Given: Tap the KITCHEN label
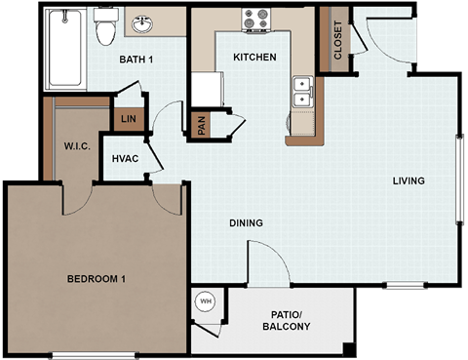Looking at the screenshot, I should click(254, 58).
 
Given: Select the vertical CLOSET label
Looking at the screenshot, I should click(338, 40).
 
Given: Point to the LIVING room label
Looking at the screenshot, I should click(409, 180).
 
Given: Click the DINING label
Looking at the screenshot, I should click(246, 223).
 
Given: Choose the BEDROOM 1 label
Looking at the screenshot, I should click(96, 280).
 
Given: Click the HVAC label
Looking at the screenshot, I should click(124, 158).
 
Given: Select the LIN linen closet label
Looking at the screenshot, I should click(127, 119).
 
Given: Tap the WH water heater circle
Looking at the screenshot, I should click(206, 301).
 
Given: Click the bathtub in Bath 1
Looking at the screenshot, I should click(65, 49).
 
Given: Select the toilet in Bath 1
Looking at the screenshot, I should click(104, 28).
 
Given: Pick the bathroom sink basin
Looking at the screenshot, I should click(143, 23).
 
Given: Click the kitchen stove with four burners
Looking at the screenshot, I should click(256, 20).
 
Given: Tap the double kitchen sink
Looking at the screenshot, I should click(301, 92).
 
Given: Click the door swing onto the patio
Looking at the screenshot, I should click(265, 263).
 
